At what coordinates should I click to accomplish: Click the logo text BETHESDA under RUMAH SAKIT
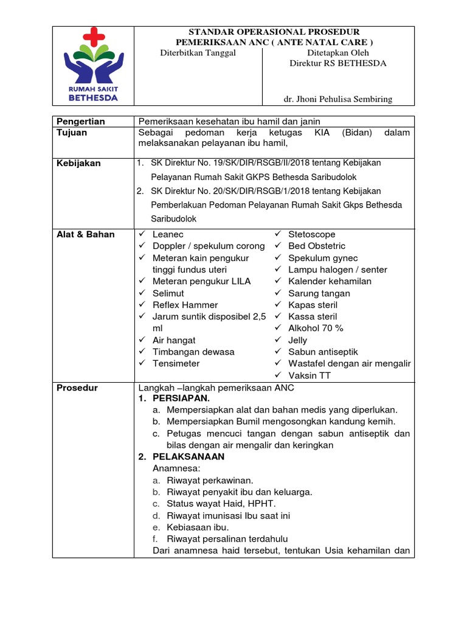tap(94, 96)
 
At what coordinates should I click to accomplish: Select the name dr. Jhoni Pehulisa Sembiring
tap(338, 99)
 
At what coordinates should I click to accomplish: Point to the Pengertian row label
tap(80, 122)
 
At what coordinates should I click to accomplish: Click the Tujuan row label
tap(71, 133)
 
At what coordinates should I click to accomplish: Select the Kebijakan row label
tap(78, 163)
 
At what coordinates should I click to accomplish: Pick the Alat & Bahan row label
tap(85, 234)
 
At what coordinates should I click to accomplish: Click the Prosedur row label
tap(77, 388)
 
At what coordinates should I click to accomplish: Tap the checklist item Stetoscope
tap(312, 234)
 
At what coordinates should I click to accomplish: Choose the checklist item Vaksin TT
tap(310, 375)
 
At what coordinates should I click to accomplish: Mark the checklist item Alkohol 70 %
tap(316, 328)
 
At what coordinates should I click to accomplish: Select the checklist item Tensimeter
tap(176, 363)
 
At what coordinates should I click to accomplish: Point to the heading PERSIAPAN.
tap(181, 399)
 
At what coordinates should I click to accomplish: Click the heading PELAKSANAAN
tap(189, 457)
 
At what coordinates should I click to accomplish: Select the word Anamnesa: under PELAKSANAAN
tap(176, 468)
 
